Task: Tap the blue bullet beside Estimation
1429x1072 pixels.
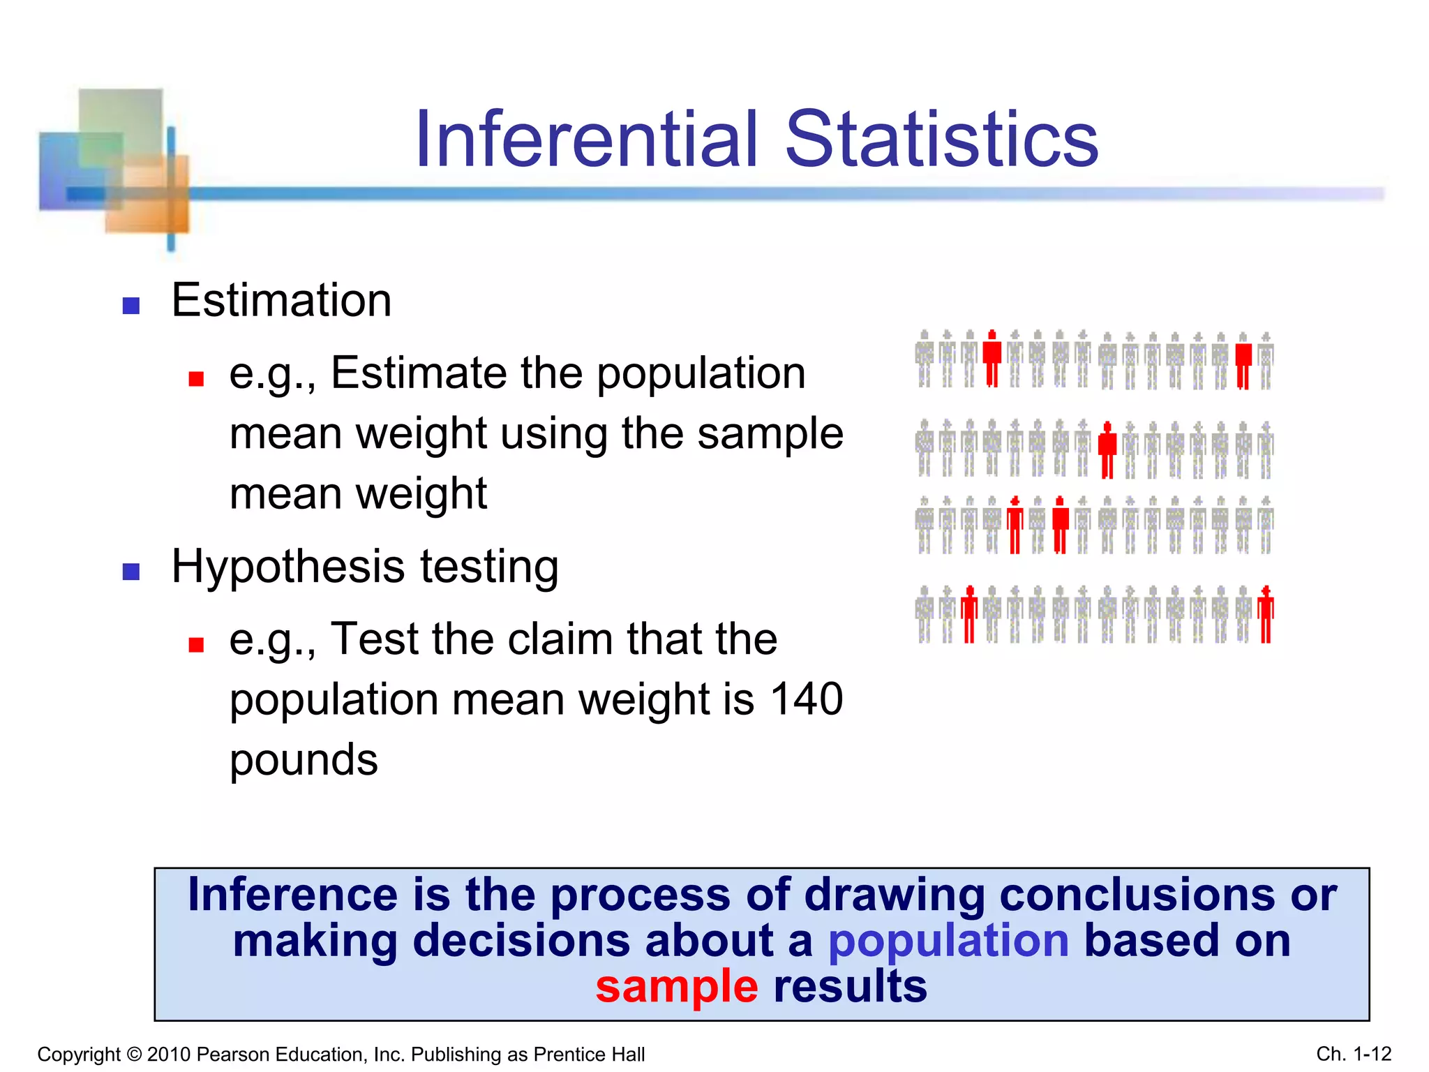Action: [131, 306]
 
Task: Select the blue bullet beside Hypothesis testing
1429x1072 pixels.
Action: [131, 572]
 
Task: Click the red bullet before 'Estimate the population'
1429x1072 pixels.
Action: [196, 379]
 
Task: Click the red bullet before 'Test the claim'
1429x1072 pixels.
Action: [196, 645]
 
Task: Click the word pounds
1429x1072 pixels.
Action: [304, 761]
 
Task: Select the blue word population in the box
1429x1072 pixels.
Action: [948, 940]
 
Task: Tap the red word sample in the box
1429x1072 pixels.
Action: [676, 986]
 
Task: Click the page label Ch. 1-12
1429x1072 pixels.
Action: [1354, 1053]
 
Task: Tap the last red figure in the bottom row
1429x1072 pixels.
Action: [1266, 614]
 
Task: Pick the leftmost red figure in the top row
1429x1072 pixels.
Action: [992, 358]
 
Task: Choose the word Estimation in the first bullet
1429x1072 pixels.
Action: [281, 300]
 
